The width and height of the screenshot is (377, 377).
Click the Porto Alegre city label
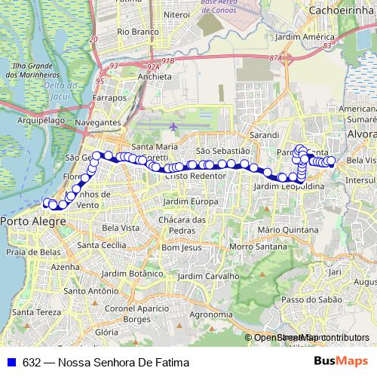point(32,221)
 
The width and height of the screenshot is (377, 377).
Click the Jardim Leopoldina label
point(290,186)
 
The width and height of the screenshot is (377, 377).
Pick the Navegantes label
point(98,122)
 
